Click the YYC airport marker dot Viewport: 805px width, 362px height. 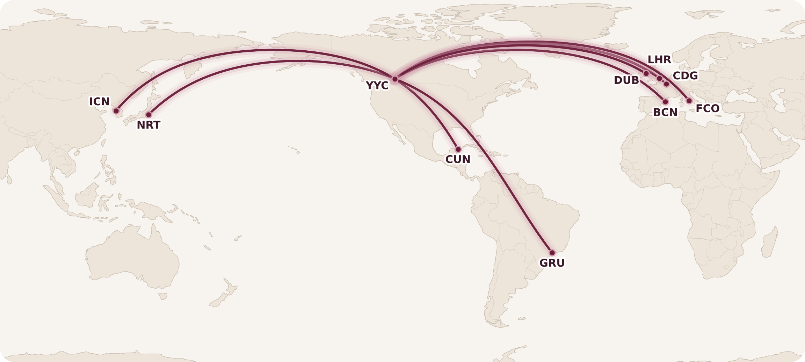click(395, 79)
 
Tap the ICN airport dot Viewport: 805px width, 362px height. click(116, 111)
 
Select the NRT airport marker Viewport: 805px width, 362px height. click(149, 115)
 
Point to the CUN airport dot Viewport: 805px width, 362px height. click(458, 150)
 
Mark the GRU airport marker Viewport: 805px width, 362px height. click(552, 253)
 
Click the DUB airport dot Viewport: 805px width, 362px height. click(646, 73)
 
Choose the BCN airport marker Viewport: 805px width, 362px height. click(665, 102)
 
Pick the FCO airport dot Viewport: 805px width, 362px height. click(689, 101)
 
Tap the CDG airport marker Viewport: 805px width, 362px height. click(666, 84)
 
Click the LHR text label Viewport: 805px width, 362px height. click(659, 60)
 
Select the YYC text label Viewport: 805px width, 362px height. click(377, 86)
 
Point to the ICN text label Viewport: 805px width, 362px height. click(100, 102)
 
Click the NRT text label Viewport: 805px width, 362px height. click(148, 125)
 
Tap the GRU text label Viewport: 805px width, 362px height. click(552, 263)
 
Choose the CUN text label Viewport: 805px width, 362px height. click(458, 159)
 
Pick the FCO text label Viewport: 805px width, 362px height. click(708, 109)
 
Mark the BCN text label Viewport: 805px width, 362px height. click(665, 113)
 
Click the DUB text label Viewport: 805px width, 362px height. click(626, 80)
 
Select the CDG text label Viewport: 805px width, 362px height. click(685, 76)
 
